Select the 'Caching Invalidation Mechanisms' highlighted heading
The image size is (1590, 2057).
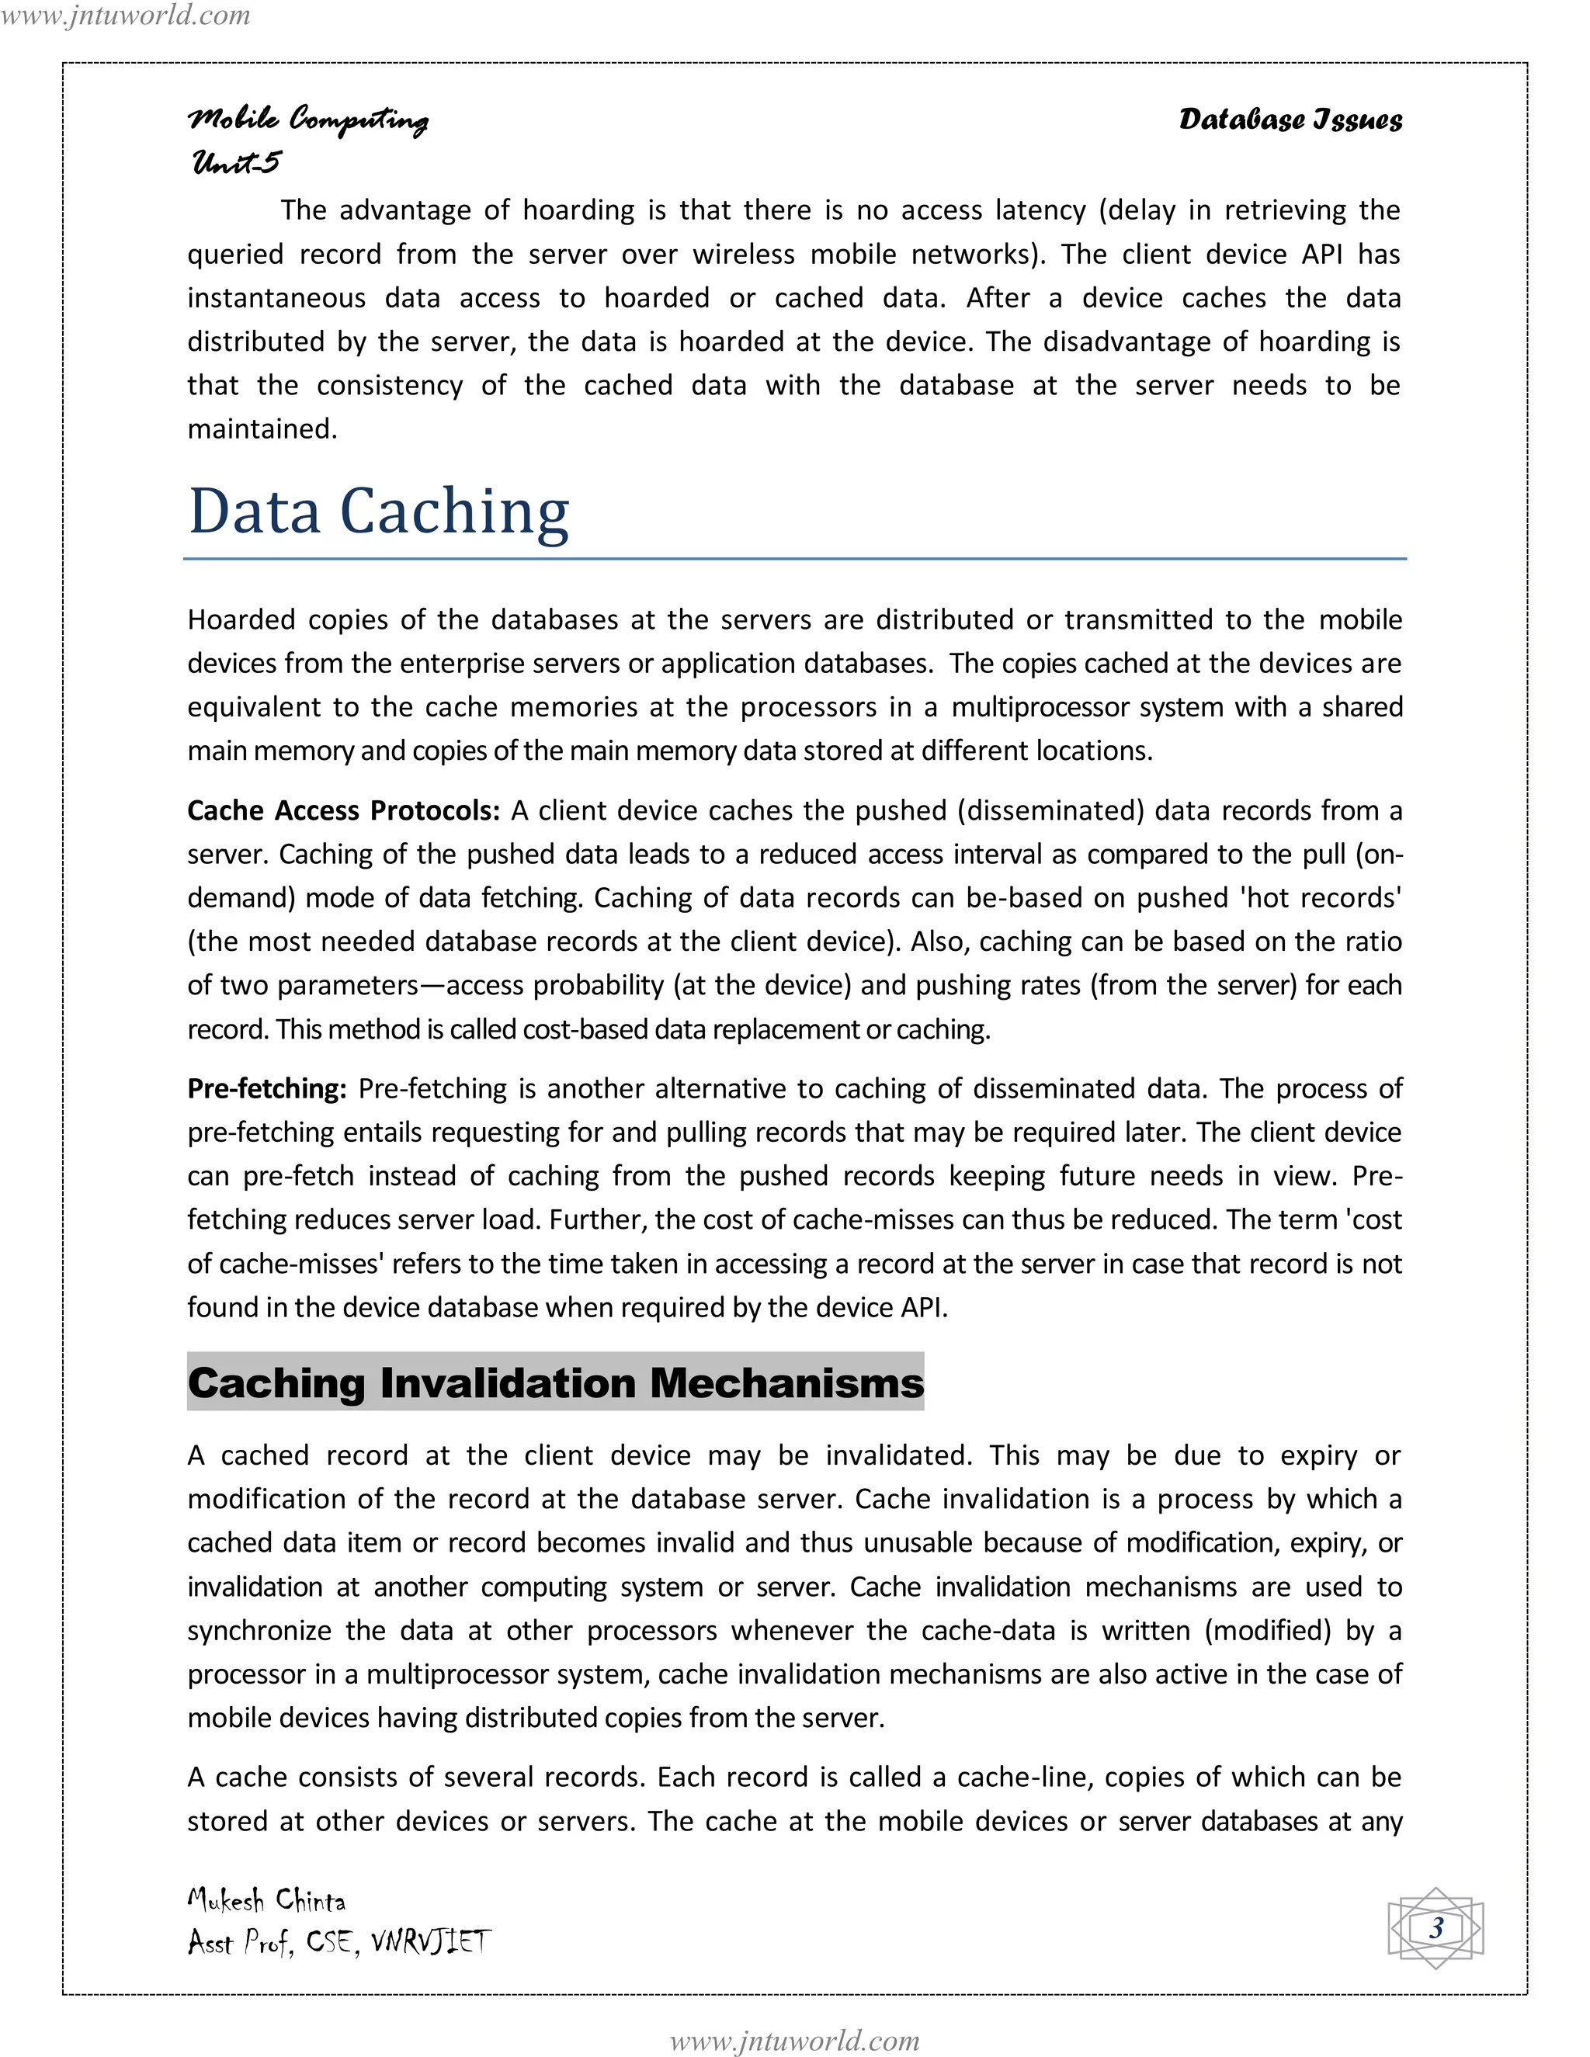(555, 1382)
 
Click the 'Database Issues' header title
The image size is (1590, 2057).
(1290, 120)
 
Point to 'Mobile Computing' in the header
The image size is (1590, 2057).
(308, 120)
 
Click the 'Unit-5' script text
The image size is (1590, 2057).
(235, 162)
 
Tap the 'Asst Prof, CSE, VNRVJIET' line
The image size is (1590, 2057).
(339, 1942)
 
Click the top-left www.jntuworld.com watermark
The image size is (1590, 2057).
(125, 15)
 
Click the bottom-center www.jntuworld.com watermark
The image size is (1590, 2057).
(794, 2040)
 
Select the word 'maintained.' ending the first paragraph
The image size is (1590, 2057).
(262, 428)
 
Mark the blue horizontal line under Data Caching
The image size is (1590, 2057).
(794, 559)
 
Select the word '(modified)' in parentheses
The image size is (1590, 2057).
(1268, 1630)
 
